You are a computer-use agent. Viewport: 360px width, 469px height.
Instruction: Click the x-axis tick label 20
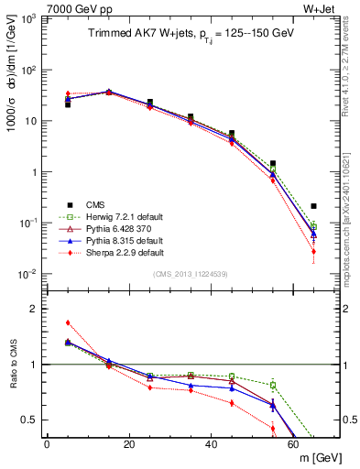coord(129,443)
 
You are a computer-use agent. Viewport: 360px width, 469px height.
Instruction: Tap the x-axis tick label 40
coord(212,443)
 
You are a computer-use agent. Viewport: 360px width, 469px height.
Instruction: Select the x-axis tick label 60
coord(294,443)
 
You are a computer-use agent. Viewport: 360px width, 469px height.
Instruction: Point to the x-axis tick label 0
coord(47,443)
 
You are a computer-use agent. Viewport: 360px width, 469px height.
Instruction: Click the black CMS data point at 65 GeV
coord(314,206)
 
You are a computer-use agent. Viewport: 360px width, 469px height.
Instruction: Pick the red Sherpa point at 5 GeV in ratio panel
coord(68,322)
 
